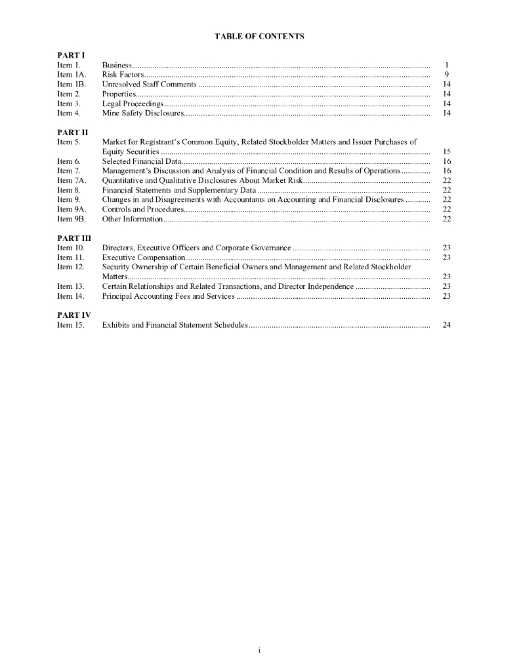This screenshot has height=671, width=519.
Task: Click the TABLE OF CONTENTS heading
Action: (259, 37)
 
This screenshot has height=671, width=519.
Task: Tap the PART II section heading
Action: (70, 132)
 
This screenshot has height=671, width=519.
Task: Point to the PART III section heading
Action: (72, 238)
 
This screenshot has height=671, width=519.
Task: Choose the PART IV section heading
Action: (72, 315)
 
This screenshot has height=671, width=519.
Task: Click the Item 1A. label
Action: (72, 75)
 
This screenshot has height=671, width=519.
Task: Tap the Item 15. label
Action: (71, 325)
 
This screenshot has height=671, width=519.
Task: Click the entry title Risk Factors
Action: (119, 75)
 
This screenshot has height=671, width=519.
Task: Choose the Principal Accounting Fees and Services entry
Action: (168, 296)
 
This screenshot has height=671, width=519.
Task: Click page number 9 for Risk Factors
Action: (446, 75)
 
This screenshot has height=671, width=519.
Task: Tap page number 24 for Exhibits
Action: (446, 325)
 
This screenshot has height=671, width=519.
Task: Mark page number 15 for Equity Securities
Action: (446, 151)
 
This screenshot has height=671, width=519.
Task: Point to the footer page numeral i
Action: (259, 650)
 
